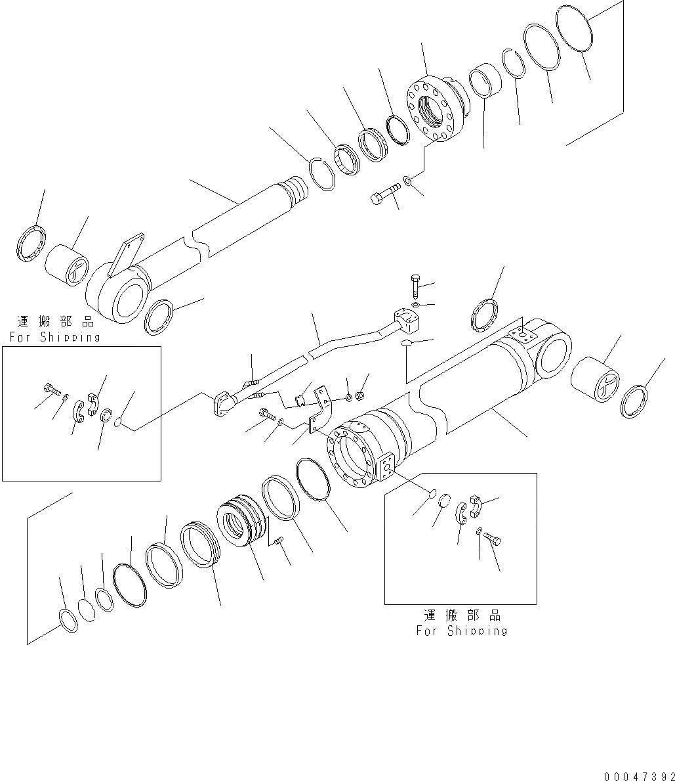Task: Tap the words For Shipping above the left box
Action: (54, 337)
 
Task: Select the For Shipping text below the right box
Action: (462, 631)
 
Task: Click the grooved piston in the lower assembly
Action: (241, 525)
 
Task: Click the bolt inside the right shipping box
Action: (494, 539)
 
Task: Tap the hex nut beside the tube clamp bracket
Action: (359, 396)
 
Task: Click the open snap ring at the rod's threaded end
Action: (322, 173)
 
